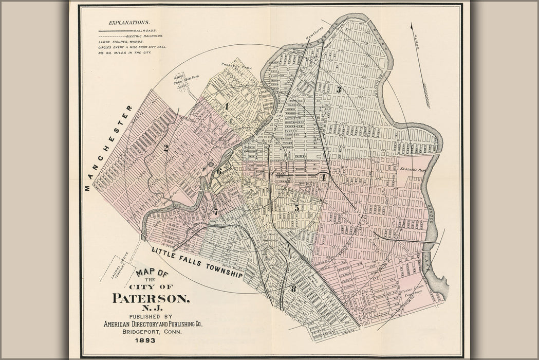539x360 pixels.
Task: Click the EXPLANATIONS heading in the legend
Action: [129, 23]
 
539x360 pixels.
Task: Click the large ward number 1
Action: [226, 106]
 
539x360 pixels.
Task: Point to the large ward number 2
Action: [166, 148]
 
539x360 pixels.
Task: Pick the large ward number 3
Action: [339, 89]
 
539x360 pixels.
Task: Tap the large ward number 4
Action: [323, 177]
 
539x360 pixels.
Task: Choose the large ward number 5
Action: [296, 208]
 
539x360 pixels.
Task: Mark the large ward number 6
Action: [219, 171]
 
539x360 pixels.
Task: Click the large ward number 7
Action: [216, 211]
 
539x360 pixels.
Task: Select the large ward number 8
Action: [293, 289]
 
